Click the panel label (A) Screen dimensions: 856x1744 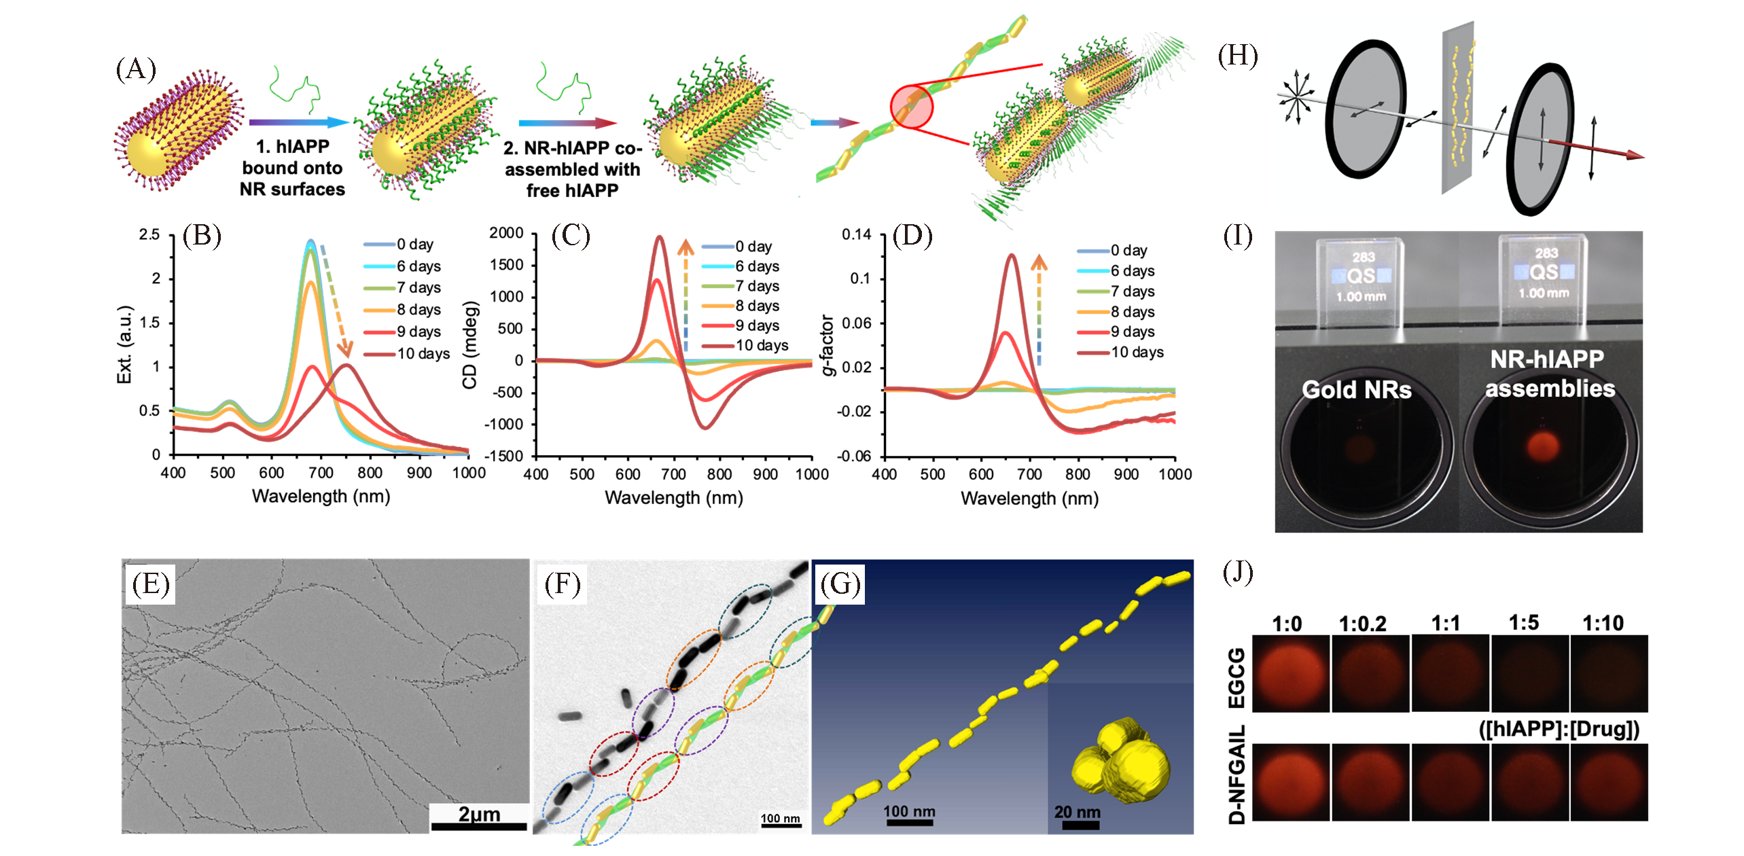(x=136, y=69)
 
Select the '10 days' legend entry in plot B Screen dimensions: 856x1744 (x=423, y=354)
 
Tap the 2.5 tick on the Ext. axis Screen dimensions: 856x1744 (x=149, y=234)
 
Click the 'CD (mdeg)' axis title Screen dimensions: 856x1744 (x=470, y=346)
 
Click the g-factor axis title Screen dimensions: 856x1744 (x=827, y=345)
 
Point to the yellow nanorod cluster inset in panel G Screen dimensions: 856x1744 (x=1121, y=755)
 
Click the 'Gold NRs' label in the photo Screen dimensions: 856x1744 (x=1356, y=390)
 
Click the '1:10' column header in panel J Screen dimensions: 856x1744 (x=1603, y=623)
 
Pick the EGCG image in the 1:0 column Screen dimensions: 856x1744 (x=1290, y=673)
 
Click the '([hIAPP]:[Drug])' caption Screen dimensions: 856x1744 (x=1559, y=729)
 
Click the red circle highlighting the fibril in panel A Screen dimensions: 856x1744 (x=912, y=107)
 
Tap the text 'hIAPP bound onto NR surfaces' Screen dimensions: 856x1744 (x=292, y=168)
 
